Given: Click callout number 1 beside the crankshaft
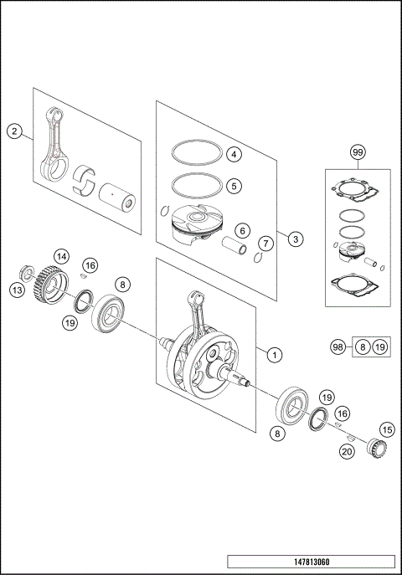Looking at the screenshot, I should click(273, 354).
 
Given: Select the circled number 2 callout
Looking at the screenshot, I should click(13, 131).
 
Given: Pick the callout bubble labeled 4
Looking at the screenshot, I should click(234, 154).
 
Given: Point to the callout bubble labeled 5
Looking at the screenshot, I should click(234, 184).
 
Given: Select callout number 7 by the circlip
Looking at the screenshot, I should click(265, 244).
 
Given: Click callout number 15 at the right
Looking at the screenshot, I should click(386, 429).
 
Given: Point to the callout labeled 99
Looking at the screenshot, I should click(358, 152).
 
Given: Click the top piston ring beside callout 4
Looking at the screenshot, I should click(193, 154).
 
